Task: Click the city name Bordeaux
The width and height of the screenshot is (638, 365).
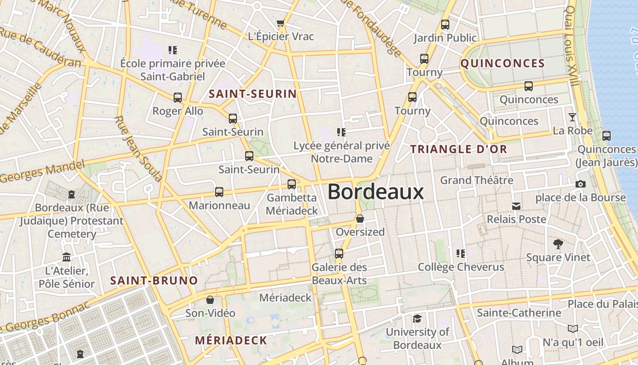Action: (376, 192)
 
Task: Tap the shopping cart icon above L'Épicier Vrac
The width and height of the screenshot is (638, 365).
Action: (281, 23)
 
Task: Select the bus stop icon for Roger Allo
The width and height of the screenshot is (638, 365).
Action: (178, 97)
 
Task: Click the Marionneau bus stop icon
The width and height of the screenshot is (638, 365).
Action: (219, 192)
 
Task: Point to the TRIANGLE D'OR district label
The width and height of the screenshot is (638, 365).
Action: (458, 149)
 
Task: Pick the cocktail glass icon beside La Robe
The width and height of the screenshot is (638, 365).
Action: (572, 117)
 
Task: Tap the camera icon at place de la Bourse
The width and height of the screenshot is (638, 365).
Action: (580, 184)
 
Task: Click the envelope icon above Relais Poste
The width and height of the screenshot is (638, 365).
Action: (516, 206)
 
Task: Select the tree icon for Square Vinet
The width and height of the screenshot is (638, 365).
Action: (558, 244)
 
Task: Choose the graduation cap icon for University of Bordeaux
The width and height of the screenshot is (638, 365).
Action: (417, 318)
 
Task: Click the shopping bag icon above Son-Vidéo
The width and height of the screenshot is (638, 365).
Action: (210, 300)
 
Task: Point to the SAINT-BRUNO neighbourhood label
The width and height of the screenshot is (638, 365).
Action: (154, 281)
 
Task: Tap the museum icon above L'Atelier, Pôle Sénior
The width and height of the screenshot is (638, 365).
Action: (67, 257)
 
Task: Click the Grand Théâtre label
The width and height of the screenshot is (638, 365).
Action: (476, 180)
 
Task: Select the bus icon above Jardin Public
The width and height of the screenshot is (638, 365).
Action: (445, 25)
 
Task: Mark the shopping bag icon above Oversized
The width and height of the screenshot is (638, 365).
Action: (360, 219)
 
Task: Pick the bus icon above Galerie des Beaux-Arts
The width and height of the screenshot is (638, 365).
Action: (339, 254)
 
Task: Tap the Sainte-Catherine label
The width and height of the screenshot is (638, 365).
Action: (519, 313)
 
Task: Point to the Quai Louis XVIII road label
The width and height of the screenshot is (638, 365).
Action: (572, 46)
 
